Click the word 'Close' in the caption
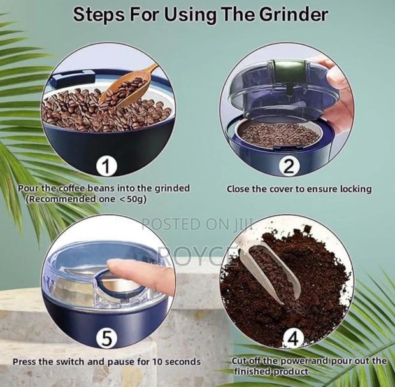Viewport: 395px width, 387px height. [240, 189]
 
